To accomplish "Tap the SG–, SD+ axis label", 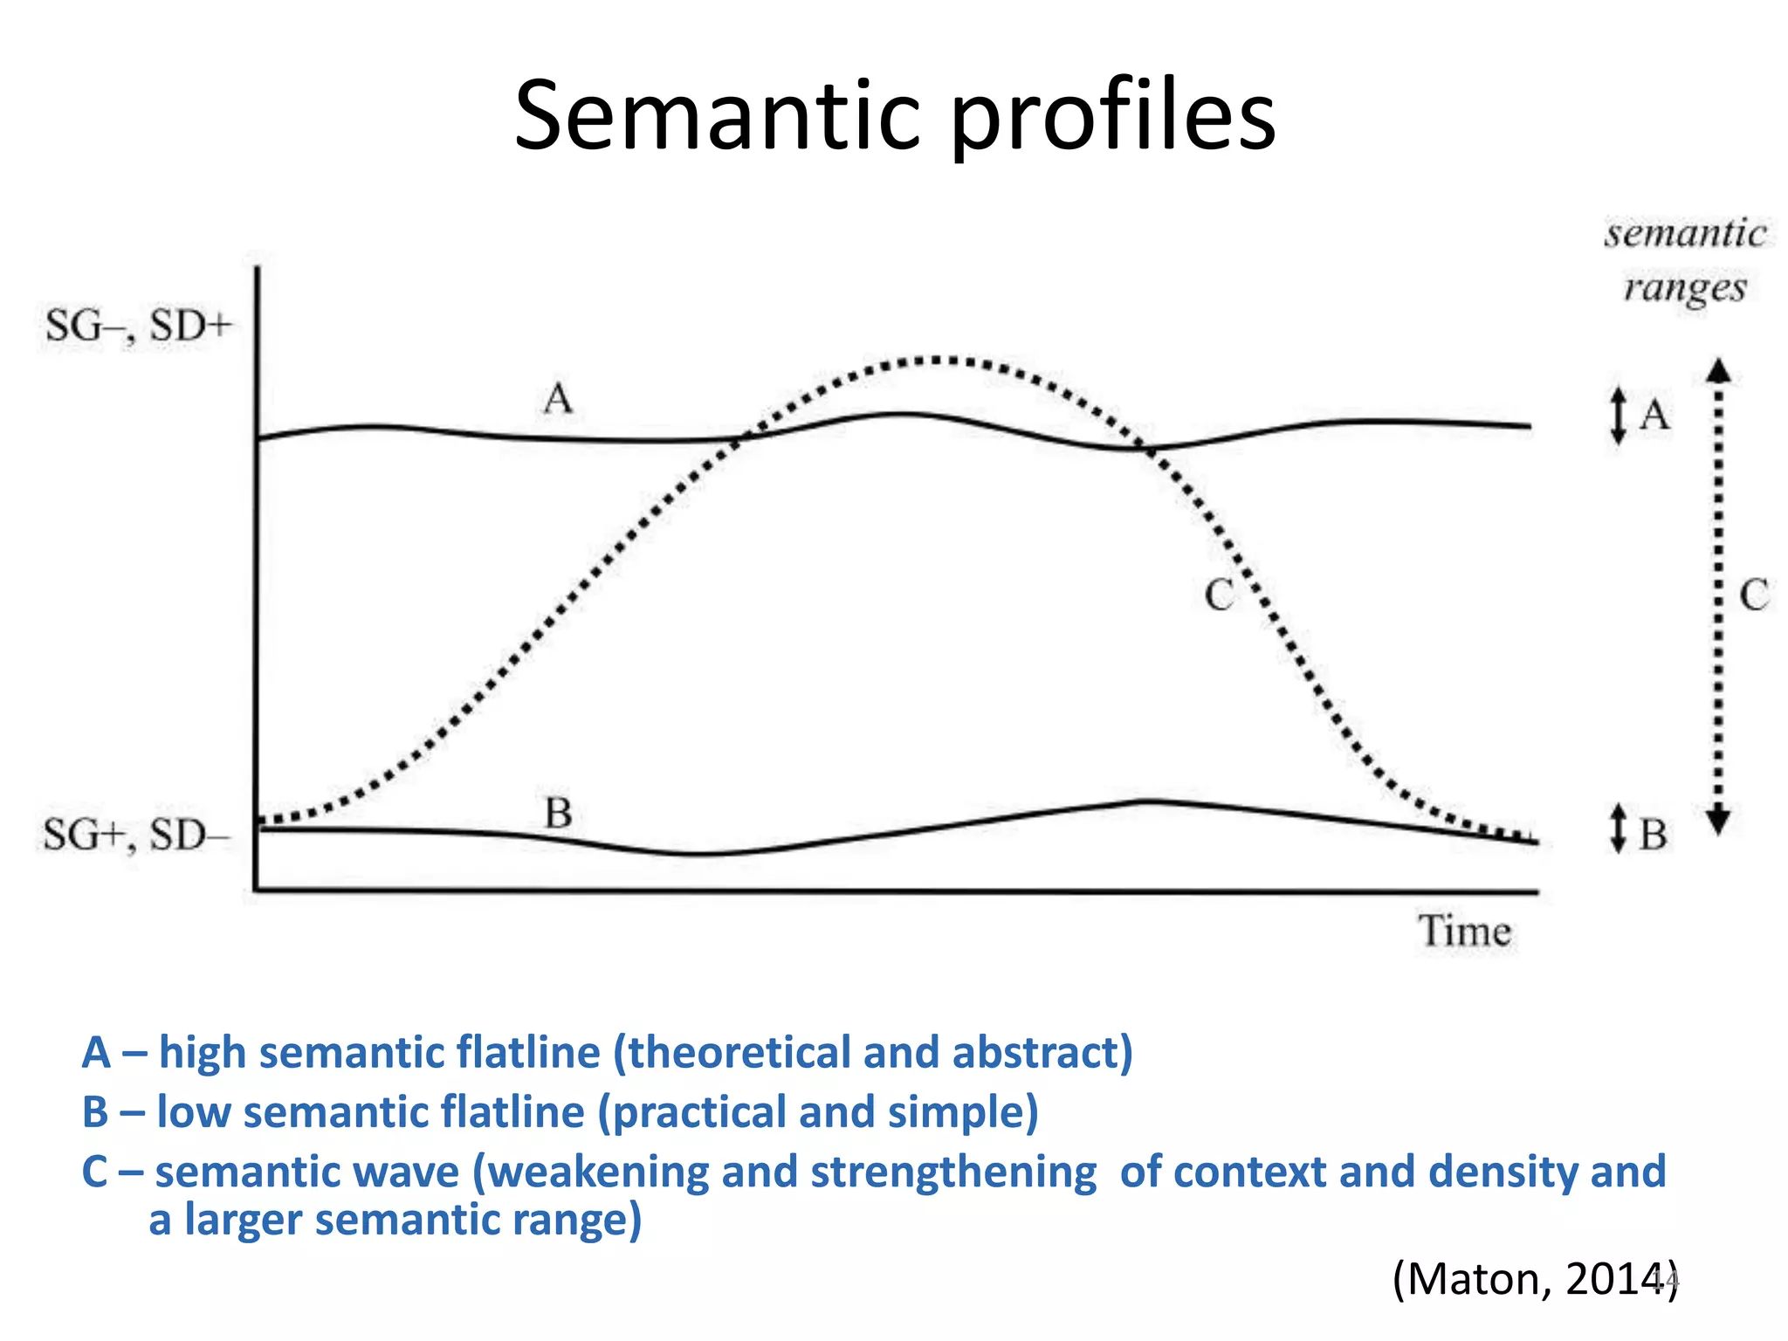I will [139, 327].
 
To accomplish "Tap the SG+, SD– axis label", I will [136, 836].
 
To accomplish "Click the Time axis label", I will [1464, 931].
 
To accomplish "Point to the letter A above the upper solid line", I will [558, 400].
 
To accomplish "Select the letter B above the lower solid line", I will [558, 814].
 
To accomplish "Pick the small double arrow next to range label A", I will [1618, 415].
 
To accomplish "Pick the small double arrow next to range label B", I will [1618, 828].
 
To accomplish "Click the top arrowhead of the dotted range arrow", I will [1718, 371].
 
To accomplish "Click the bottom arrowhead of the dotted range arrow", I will [1718, 822].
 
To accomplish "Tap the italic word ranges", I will [1685, 287].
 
